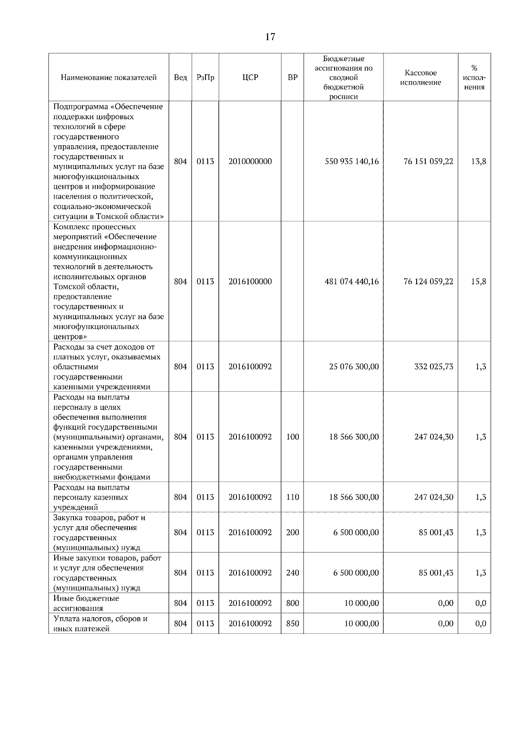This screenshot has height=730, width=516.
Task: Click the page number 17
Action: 270,37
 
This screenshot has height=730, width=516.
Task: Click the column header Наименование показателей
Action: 109,78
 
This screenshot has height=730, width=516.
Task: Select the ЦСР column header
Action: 250,78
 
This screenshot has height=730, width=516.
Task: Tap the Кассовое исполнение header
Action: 421,78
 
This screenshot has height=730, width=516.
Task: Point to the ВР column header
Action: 292,78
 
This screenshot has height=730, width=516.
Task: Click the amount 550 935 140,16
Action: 352,162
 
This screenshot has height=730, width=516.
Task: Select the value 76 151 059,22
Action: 428,162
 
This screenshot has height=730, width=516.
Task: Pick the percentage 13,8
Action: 479,162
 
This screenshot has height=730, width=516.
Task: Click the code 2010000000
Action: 250,162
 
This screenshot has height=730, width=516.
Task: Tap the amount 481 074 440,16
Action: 352,282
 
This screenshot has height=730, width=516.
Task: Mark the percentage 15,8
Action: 479,282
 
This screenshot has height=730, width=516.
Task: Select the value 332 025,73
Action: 433,367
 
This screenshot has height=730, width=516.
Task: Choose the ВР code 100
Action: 292,437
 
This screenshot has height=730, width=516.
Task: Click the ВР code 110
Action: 292,497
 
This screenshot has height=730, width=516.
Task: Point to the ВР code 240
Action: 292,573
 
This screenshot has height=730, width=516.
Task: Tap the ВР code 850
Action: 292,623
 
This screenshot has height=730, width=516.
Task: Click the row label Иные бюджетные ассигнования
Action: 86,603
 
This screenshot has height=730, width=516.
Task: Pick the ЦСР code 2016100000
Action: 250,282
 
